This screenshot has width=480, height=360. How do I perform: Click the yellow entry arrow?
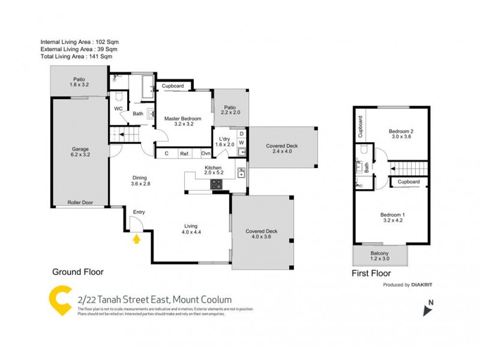tap(137, 239)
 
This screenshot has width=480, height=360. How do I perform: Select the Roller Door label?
tap(79, 203)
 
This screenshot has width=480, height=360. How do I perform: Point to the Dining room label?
tap(140, 181)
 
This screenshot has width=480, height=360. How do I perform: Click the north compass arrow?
tap(427, 310)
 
